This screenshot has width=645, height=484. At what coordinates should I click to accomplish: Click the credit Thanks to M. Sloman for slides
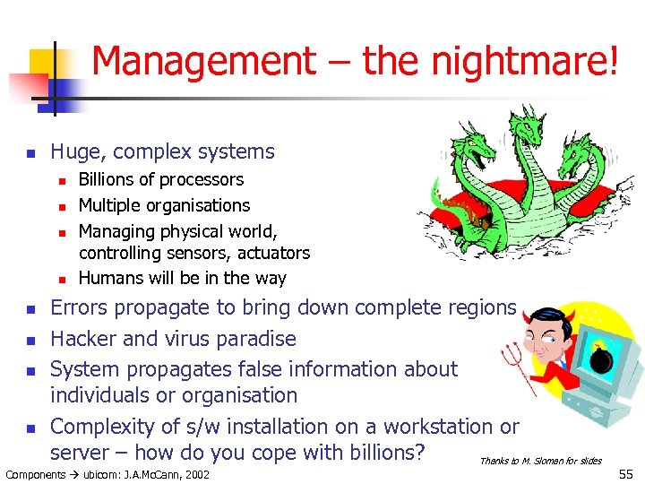pyautogui.click(x=540, y=461)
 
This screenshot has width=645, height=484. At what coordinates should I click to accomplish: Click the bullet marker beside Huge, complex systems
pyautogui.click(x=30, y=153)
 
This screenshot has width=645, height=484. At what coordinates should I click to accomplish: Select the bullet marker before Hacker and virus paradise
pyautogui.click(x=30, y=340)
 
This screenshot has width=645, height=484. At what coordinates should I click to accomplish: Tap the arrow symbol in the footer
pyautogui.click(x=76, y=474)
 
